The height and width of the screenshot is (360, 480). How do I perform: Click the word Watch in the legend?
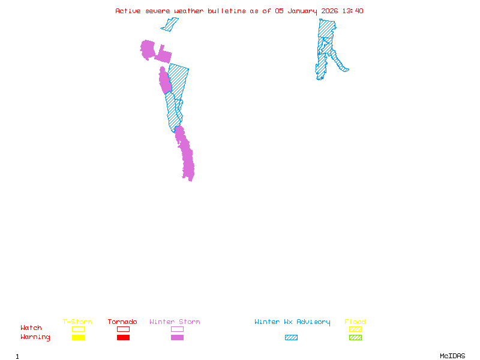31,328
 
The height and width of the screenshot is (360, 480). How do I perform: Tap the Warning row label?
35,337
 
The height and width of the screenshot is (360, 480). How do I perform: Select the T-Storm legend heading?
77,322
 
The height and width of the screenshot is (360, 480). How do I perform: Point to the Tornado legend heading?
122,322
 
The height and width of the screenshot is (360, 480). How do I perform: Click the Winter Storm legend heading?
175,322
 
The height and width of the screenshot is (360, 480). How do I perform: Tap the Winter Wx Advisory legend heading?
292,322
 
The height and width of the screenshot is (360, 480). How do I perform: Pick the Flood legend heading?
355,322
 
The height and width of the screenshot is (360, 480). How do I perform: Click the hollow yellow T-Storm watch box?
78,329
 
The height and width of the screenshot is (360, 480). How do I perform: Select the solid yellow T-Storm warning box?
78,338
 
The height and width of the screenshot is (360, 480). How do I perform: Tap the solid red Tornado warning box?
123,338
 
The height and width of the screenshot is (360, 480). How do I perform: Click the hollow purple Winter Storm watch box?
177,329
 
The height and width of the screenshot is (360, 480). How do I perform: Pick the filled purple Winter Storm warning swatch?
177,338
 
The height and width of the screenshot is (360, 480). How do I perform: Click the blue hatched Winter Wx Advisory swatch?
291,338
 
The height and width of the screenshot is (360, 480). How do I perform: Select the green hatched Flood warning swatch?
355,338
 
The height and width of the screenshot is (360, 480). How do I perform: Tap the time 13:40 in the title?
353,11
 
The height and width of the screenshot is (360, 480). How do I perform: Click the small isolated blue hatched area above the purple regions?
170,25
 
